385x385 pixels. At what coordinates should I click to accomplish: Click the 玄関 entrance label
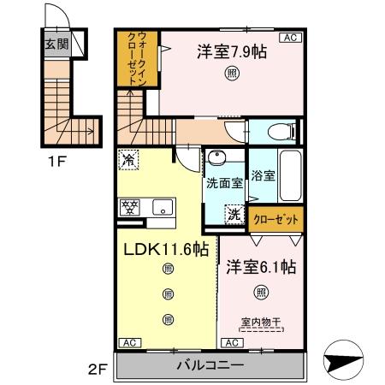pos(56,44)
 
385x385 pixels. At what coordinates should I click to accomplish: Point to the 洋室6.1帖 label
pos(261,268)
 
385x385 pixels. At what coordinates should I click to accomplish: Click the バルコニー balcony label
pos(210,366)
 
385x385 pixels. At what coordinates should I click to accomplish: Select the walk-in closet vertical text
pos(137,59)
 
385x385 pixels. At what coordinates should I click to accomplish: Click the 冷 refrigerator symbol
pos(128,157)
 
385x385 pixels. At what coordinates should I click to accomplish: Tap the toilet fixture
pos(279,132)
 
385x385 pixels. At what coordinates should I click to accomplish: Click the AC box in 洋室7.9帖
pos(288,38)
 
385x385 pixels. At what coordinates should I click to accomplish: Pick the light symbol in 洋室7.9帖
pos(233,74)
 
